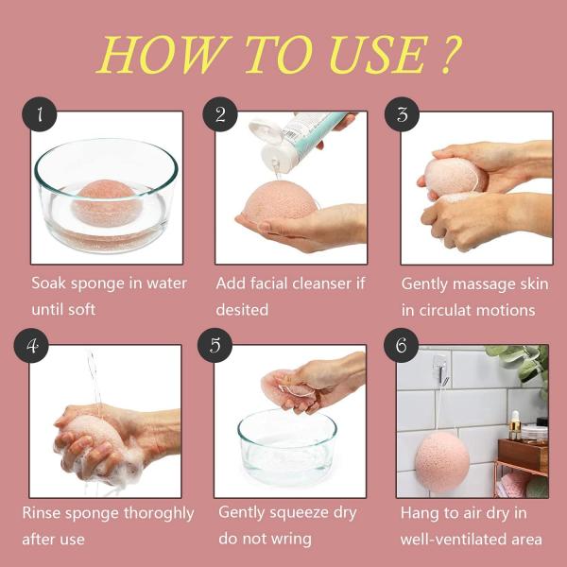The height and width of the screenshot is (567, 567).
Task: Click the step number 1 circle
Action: point(40,115)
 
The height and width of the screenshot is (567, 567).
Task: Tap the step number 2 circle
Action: point(220,115)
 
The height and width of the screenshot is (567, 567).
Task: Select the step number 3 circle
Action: point(402,115)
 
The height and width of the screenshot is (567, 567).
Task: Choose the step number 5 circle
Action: point(215,345)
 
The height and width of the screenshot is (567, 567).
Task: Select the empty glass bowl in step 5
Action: point(286,444)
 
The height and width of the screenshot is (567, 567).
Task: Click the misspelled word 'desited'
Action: point(242,310)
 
